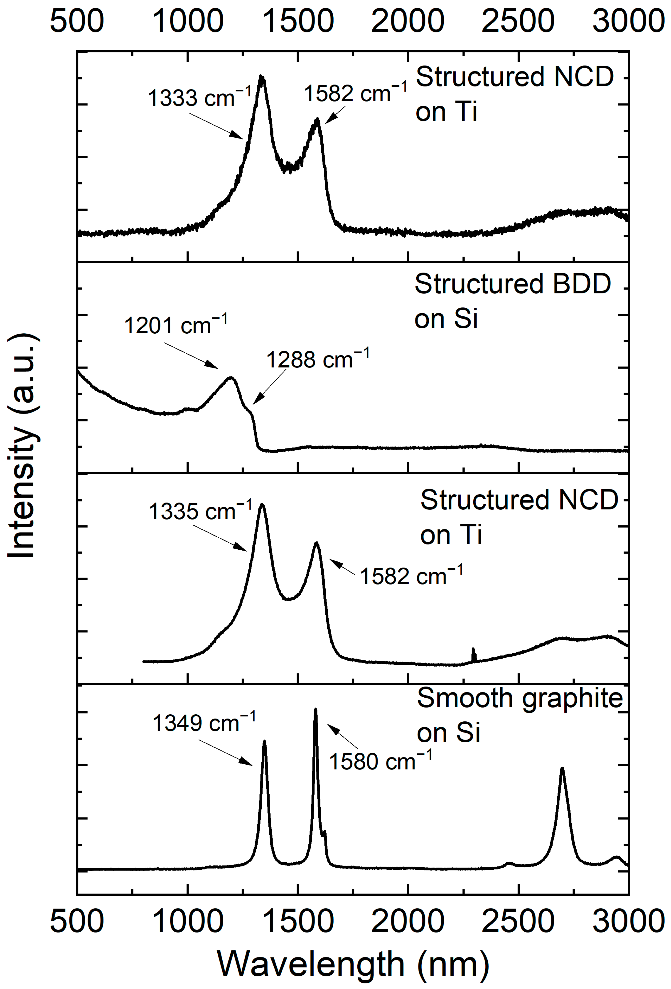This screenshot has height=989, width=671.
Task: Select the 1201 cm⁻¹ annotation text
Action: tap(175, 326)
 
